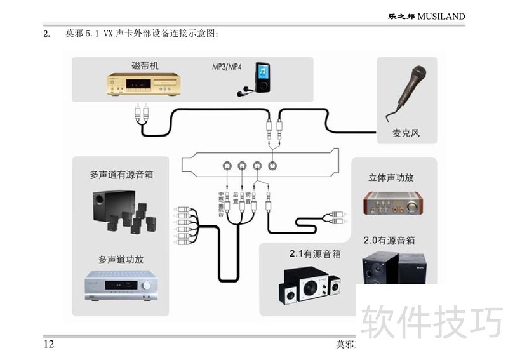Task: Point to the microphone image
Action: (408, 92)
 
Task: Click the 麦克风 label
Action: (406, 133)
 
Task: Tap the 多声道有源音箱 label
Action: (121, 174)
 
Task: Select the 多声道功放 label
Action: (121, 259)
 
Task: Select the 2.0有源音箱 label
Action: (389, 241)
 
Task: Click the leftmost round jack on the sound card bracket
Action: (227, 166)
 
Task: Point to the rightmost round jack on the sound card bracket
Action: (272, 166)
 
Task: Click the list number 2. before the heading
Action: (46, 34)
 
